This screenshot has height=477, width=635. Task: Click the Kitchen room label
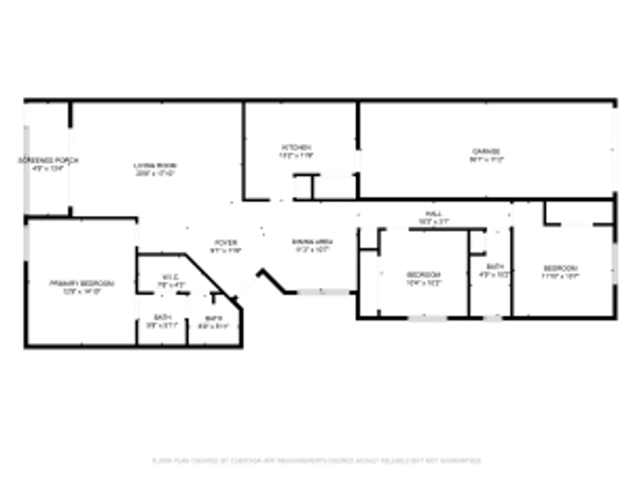(x=297, y=148)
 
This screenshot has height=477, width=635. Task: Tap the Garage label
(x=486, y=151)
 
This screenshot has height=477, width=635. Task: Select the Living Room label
(x=155, y=166)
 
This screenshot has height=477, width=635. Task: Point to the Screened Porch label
(x=48, y=160)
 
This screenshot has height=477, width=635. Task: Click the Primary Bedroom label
(x=82, y=283)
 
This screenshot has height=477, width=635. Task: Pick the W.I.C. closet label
(x=170, y=277)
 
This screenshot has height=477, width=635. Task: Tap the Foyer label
(x=226, y=243)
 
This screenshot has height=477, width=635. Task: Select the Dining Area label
(x=312, y=242)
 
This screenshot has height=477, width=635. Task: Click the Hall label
(x=433, y=214)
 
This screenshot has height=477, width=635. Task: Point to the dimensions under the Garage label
(x=486, y=160)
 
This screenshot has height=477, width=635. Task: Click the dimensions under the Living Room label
(x=155, y=174)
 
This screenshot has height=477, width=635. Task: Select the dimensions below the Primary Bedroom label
(x=82, y=291)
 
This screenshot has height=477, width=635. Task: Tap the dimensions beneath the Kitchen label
(x=297, y=156)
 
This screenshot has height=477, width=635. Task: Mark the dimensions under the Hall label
(x=433, y=222)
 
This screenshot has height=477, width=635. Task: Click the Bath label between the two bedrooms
(x=494, y=266)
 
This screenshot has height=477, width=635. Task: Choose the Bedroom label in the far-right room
(x=561, y=268)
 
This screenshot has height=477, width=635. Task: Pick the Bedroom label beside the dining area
(x=424, y=274)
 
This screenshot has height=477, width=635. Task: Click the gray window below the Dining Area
(x=323, y=292)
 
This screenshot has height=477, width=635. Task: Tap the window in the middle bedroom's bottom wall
(x=427, y=318)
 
